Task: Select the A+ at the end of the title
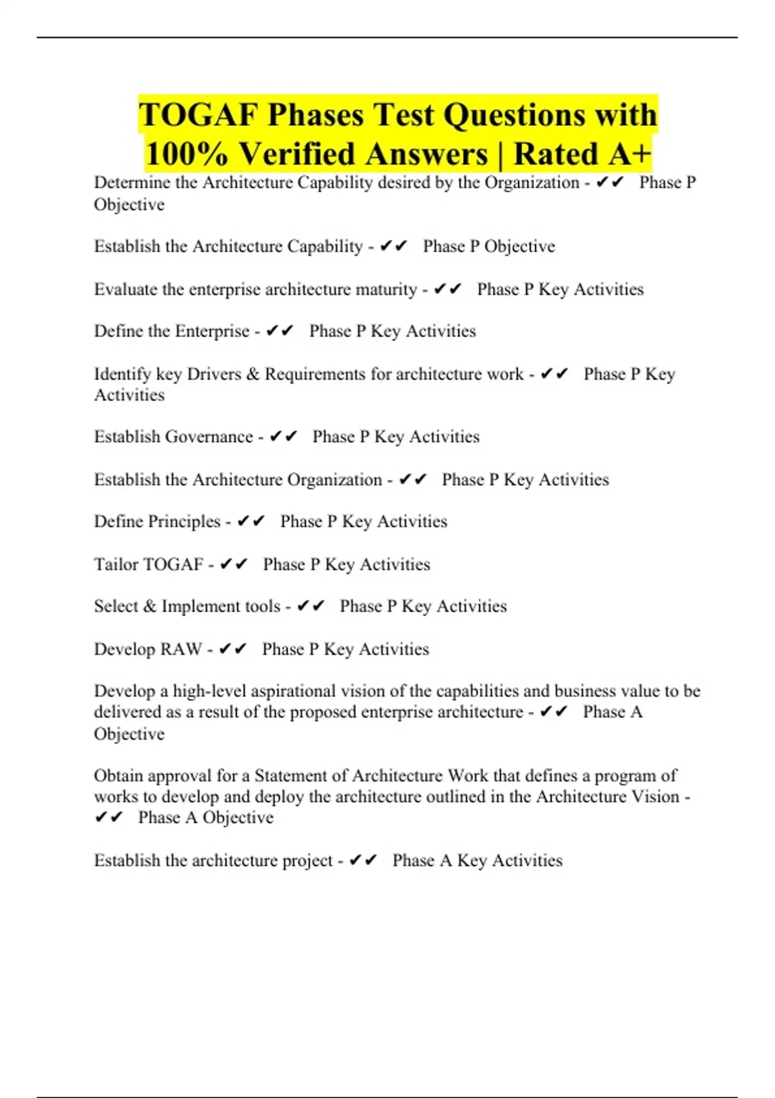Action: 626,154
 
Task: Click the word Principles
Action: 184,521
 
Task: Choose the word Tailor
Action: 116,565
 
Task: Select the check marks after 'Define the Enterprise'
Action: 280,331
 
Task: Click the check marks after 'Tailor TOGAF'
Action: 233,565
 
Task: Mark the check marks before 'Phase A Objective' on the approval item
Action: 108,818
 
